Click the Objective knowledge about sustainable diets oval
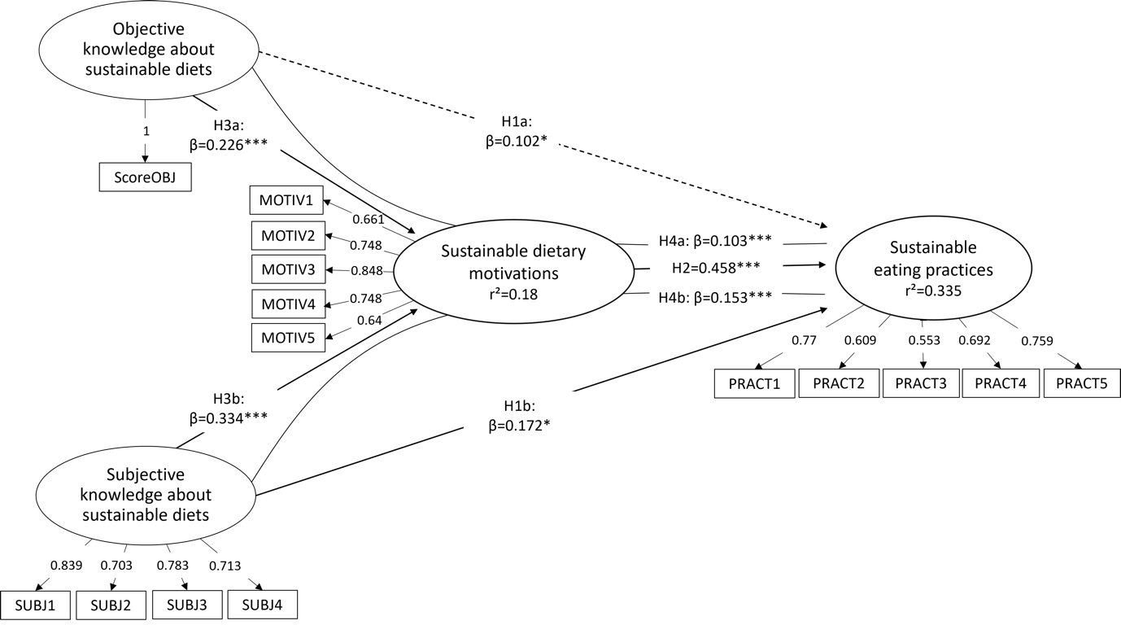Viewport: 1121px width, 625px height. (149, 50)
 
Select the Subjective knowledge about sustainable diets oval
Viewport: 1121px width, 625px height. (146, 495)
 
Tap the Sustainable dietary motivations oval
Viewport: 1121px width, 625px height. (513, 273)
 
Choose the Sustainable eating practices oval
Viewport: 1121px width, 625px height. (933, 269)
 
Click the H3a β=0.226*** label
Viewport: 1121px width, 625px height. (229, 135)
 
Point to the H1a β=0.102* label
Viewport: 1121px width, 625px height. (516, 131)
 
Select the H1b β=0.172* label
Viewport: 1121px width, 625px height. (519, 416)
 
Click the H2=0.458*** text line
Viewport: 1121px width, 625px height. (716, 268)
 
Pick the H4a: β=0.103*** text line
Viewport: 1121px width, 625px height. (715, 240)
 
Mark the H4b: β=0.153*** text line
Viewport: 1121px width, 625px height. (715, 297)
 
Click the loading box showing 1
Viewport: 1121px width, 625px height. (146, 131)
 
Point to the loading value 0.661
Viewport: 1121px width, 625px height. (366, 220)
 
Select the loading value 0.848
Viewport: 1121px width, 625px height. (366, 270)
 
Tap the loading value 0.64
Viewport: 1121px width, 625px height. (369, 321)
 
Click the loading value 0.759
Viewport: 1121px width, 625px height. (1036, 342)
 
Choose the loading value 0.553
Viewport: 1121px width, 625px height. (923, 341)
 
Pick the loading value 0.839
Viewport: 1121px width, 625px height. (66, 566)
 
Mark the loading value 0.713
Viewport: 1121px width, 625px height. (225, 566)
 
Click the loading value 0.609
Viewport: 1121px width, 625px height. (860, 341)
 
